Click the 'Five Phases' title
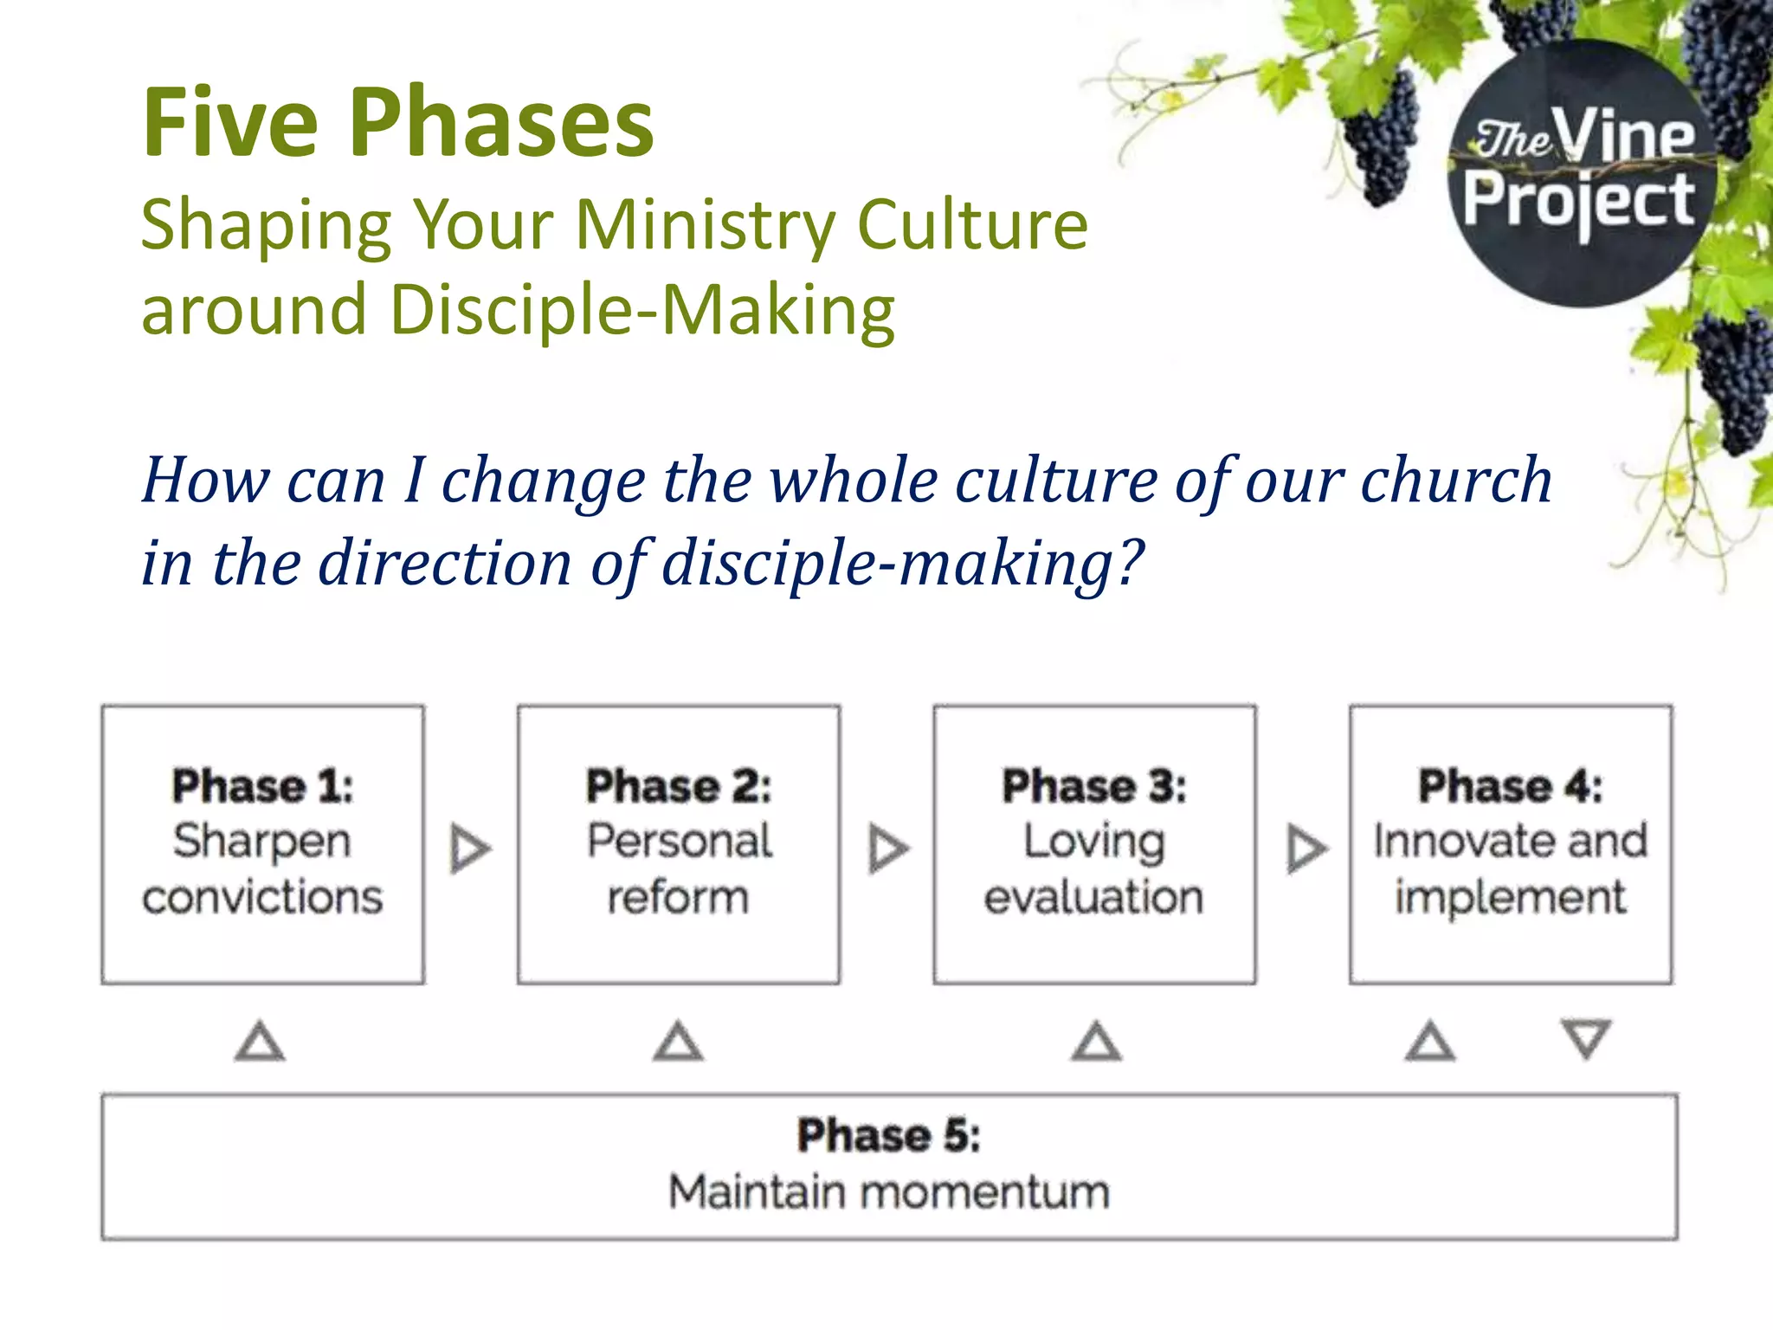coord(398,123)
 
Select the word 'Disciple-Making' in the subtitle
coord(642,310)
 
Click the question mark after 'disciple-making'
coord(1129,563)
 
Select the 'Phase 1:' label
coord(262,786)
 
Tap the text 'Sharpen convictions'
coord(262,869)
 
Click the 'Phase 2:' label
coord(679,786)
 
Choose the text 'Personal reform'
coord(679,869)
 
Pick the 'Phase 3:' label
coord(1094,786)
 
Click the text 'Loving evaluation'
coord(1094,869)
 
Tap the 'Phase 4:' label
coord(1510,786)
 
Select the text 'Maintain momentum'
coord(889,1192)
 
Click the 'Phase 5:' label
coord(889,1135)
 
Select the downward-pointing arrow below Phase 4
coord(1585,1037)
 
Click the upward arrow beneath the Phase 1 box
coord(260,1043)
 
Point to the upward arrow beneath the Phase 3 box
coord(1096,1043)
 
